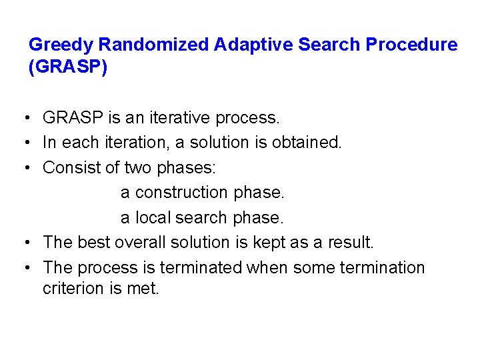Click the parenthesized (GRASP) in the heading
pyautogui.click(x=68, y=69)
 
